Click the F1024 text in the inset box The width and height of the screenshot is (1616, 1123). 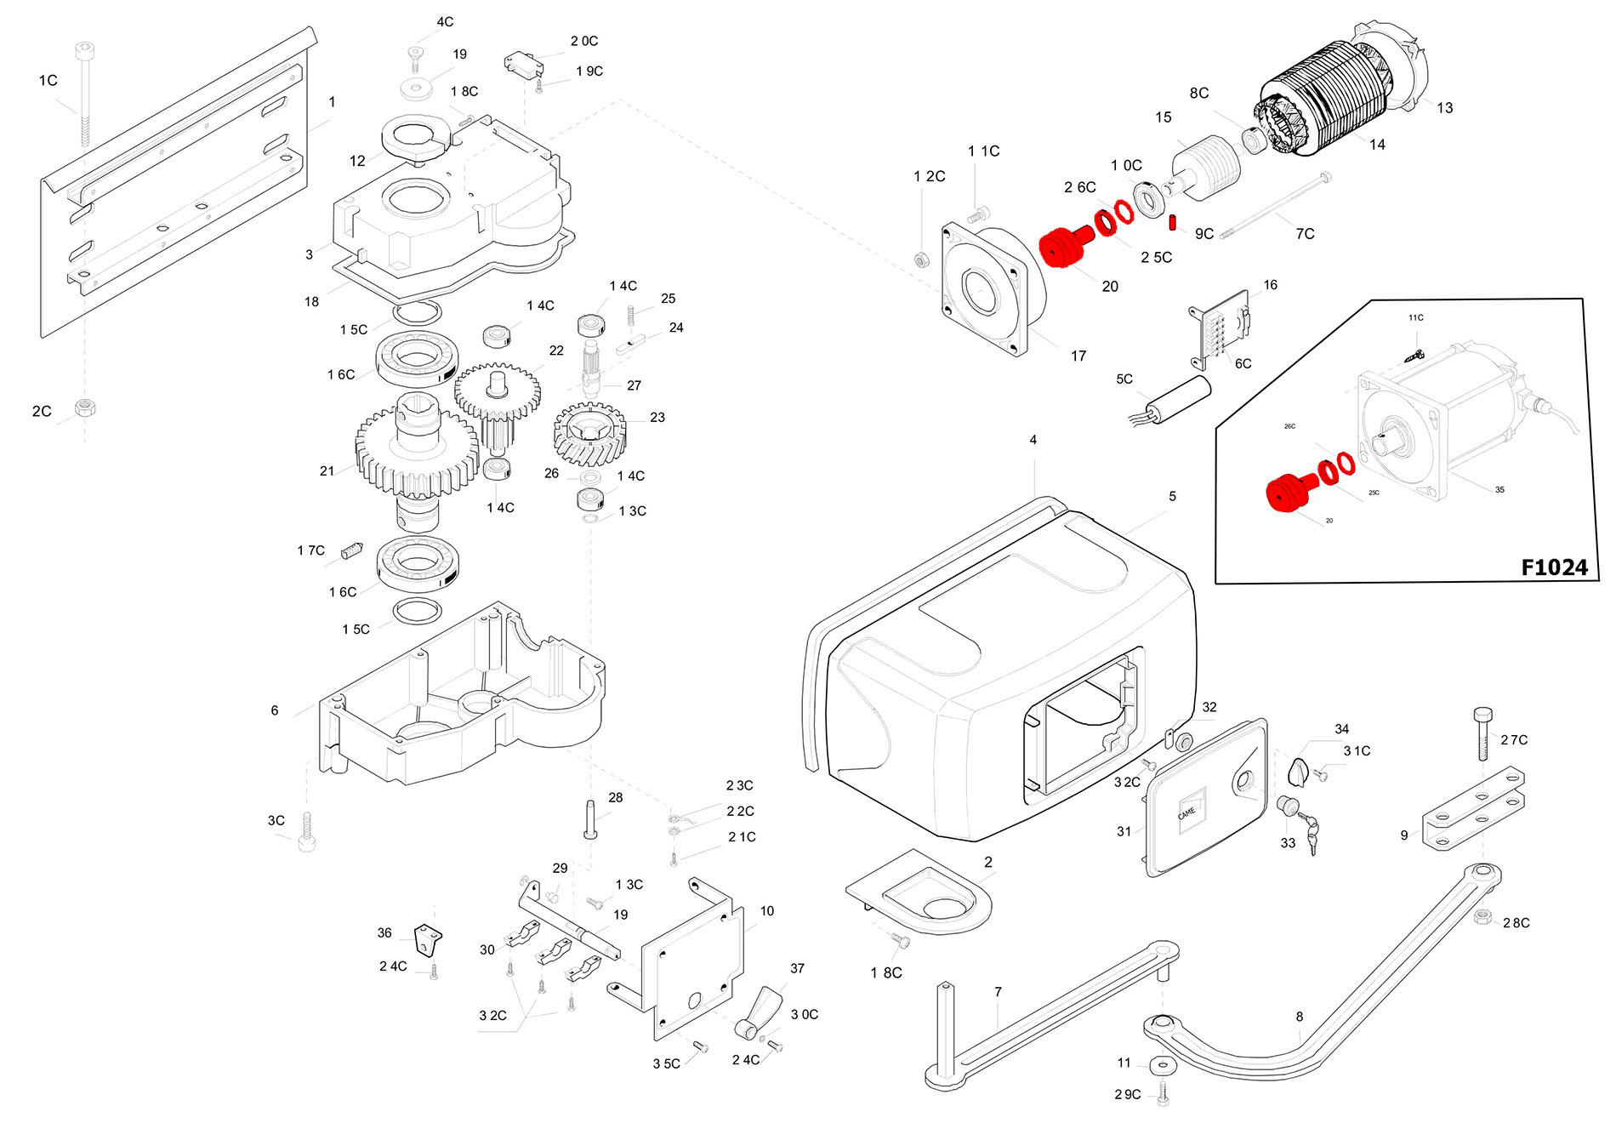coord(1554,567)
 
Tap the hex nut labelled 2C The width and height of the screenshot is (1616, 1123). coord(84,408)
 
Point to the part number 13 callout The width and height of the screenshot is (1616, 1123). coord(1444,108)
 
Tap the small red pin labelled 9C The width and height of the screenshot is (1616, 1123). coord(1172,222)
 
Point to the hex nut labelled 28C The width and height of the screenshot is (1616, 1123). coord(1482,917)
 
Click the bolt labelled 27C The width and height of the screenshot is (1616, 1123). coord(1482,733)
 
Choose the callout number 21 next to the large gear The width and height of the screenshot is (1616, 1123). coord(327,471)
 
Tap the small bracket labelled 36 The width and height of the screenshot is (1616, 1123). coord(428,939)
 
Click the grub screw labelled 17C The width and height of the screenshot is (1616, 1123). coord(352,550)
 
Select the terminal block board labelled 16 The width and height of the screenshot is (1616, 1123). coord(1221,327)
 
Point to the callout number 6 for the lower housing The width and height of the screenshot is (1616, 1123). coord(274,710)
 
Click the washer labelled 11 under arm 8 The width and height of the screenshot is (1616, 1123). coord(1161,1065)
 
